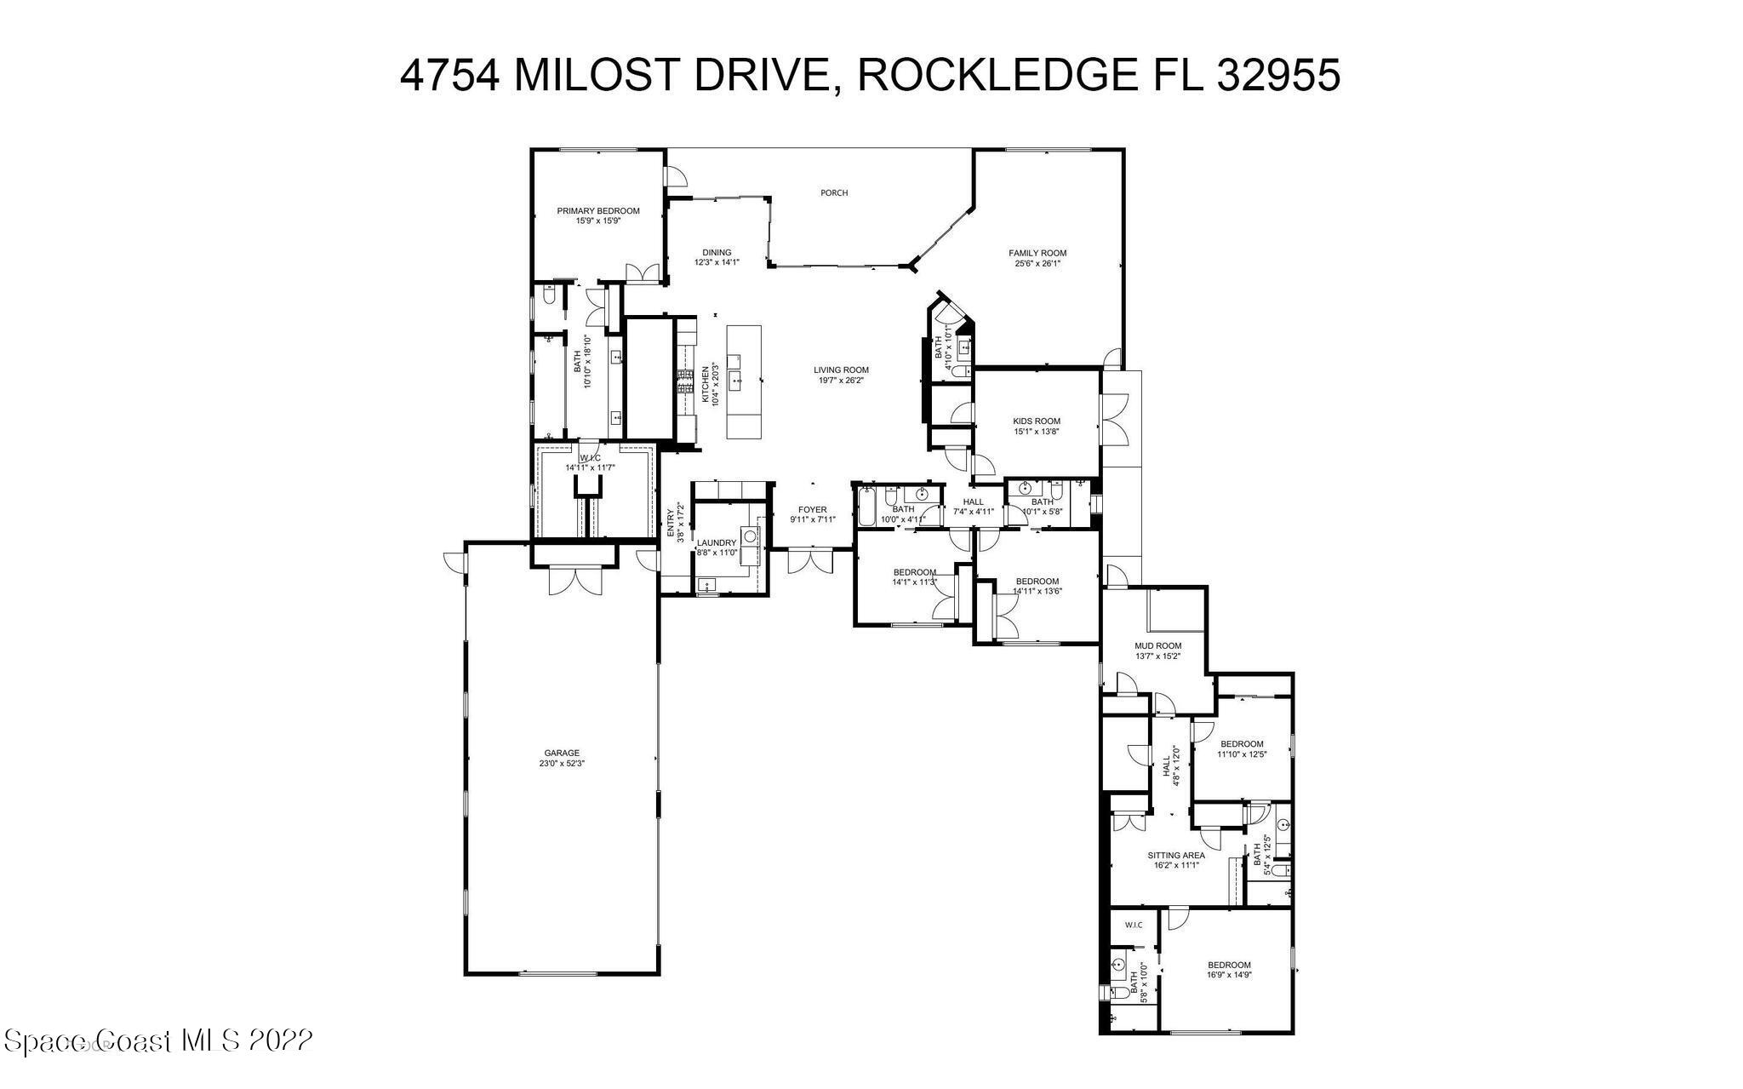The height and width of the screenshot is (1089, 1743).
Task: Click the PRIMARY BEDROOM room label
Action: click(597, 211)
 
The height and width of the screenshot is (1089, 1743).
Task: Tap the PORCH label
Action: click(833, 193)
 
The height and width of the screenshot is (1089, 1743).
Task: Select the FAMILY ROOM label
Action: click(1037, 253)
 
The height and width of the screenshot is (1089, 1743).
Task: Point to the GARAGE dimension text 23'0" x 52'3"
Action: click(562, 764)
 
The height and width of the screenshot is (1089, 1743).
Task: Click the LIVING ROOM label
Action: click(841, 370)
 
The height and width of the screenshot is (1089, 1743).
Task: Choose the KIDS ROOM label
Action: click(1036, 421)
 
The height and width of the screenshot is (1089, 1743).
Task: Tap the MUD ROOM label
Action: click(1157, 646)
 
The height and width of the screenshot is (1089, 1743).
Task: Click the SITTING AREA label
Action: click(1175, 856)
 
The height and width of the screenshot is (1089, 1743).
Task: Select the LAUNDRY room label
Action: click(716, 543)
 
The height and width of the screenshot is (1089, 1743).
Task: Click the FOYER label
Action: click(812, 510)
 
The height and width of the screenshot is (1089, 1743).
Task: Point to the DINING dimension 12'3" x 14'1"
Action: click(717, 263)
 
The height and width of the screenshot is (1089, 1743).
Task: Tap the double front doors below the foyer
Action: click(810, 562)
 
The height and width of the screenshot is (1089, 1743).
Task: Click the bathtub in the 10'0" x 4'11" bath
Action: click(867, 508)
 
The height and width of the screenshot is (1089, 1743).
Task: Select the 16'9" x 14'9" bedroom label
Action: click(1229, 965)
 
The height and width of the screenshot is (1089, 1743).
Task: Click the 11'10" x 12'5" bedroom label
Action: click(1242, 744)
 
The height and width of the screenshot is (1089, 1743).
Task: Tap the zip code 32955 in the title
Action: click(1279, 75)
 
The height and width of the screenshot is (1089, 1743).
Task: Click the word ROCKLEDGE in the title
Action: click(996, 75)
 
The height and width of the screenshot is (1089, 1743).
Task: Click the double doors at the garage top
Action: click(575, 582)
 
